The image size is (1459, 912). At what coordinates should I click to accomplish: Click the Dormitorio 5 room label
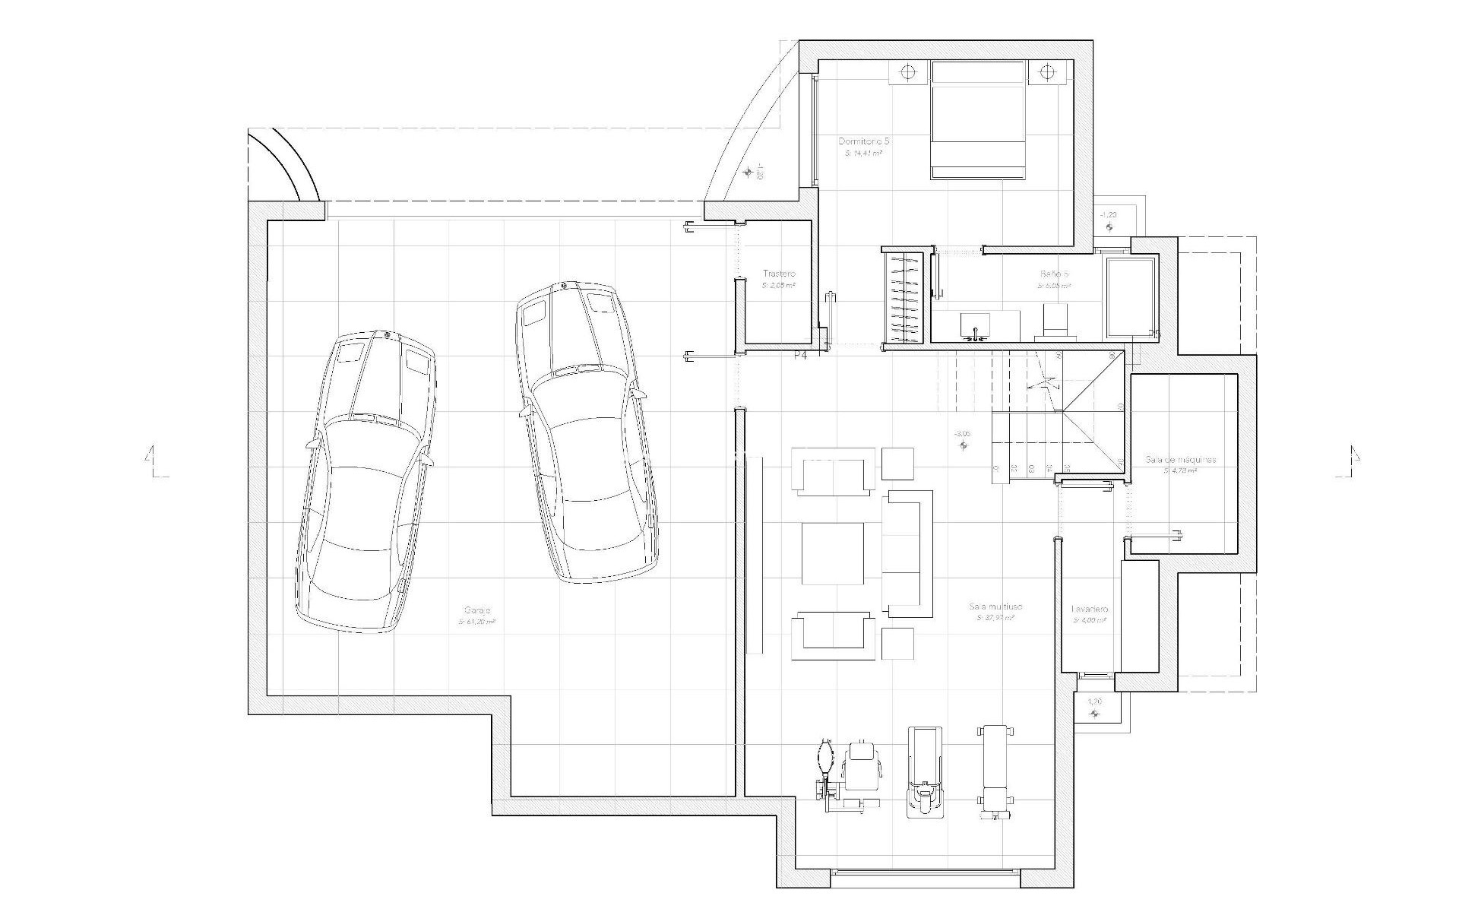[x=863, y=141]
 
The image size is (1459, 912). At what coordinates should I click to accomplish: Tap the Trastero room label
[x=779, y=274]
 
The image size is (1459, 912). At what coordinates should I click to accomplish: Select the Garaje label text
[x=477, y=610]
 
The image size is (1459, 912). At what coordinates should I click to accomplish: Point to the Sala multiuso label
[x=995, y=606]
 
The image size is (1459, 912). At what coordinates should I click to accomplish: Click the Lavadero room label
[x=1090, y=610]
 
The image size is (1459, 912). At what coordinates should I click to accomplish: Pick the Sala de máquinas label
[x=1180, y=460]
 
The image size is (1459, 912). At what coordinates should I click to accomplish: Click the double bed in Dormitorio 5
[x=978, y=120]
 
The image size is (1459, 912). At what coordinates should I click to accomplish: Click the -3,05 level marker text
[x=962, y=433]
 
